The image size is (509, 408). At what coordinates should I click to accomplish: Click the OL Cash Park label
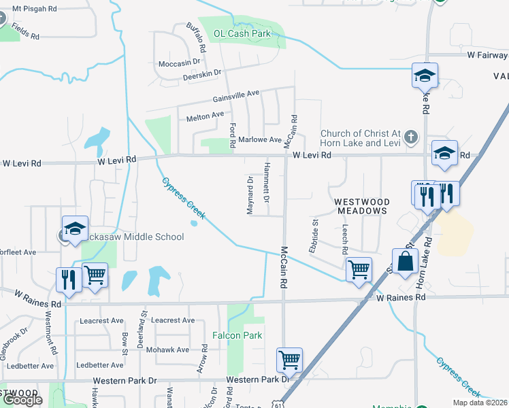tap(242, 33)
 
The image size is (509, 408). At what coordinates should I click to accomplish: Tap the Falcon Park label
tap(237, 335)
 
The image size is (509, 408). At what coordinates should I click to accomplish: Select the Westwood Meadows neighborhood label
tap(361, 206)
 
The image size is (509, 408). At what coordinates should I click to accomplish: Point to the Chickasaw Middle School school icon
tap(75, 228)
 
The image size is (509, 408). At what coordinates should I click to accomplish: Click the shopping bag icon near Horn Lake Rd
tap(405, 261)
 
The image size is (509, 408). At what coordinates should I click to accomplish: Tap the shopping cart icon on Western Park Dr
tap(290, 360)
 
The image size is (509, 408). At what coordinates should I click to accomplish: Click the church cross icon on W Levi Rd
tap(410, 136)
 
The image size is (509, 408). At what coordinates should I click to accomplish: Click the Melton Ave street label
tap(205, 117)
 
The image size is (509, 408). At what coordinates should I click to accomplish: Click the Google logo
tap(22, 399)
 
